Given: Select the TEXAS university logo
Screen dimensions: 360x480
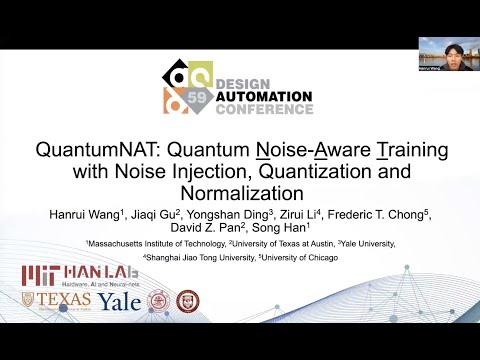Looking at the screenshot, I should coord(63,301).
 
